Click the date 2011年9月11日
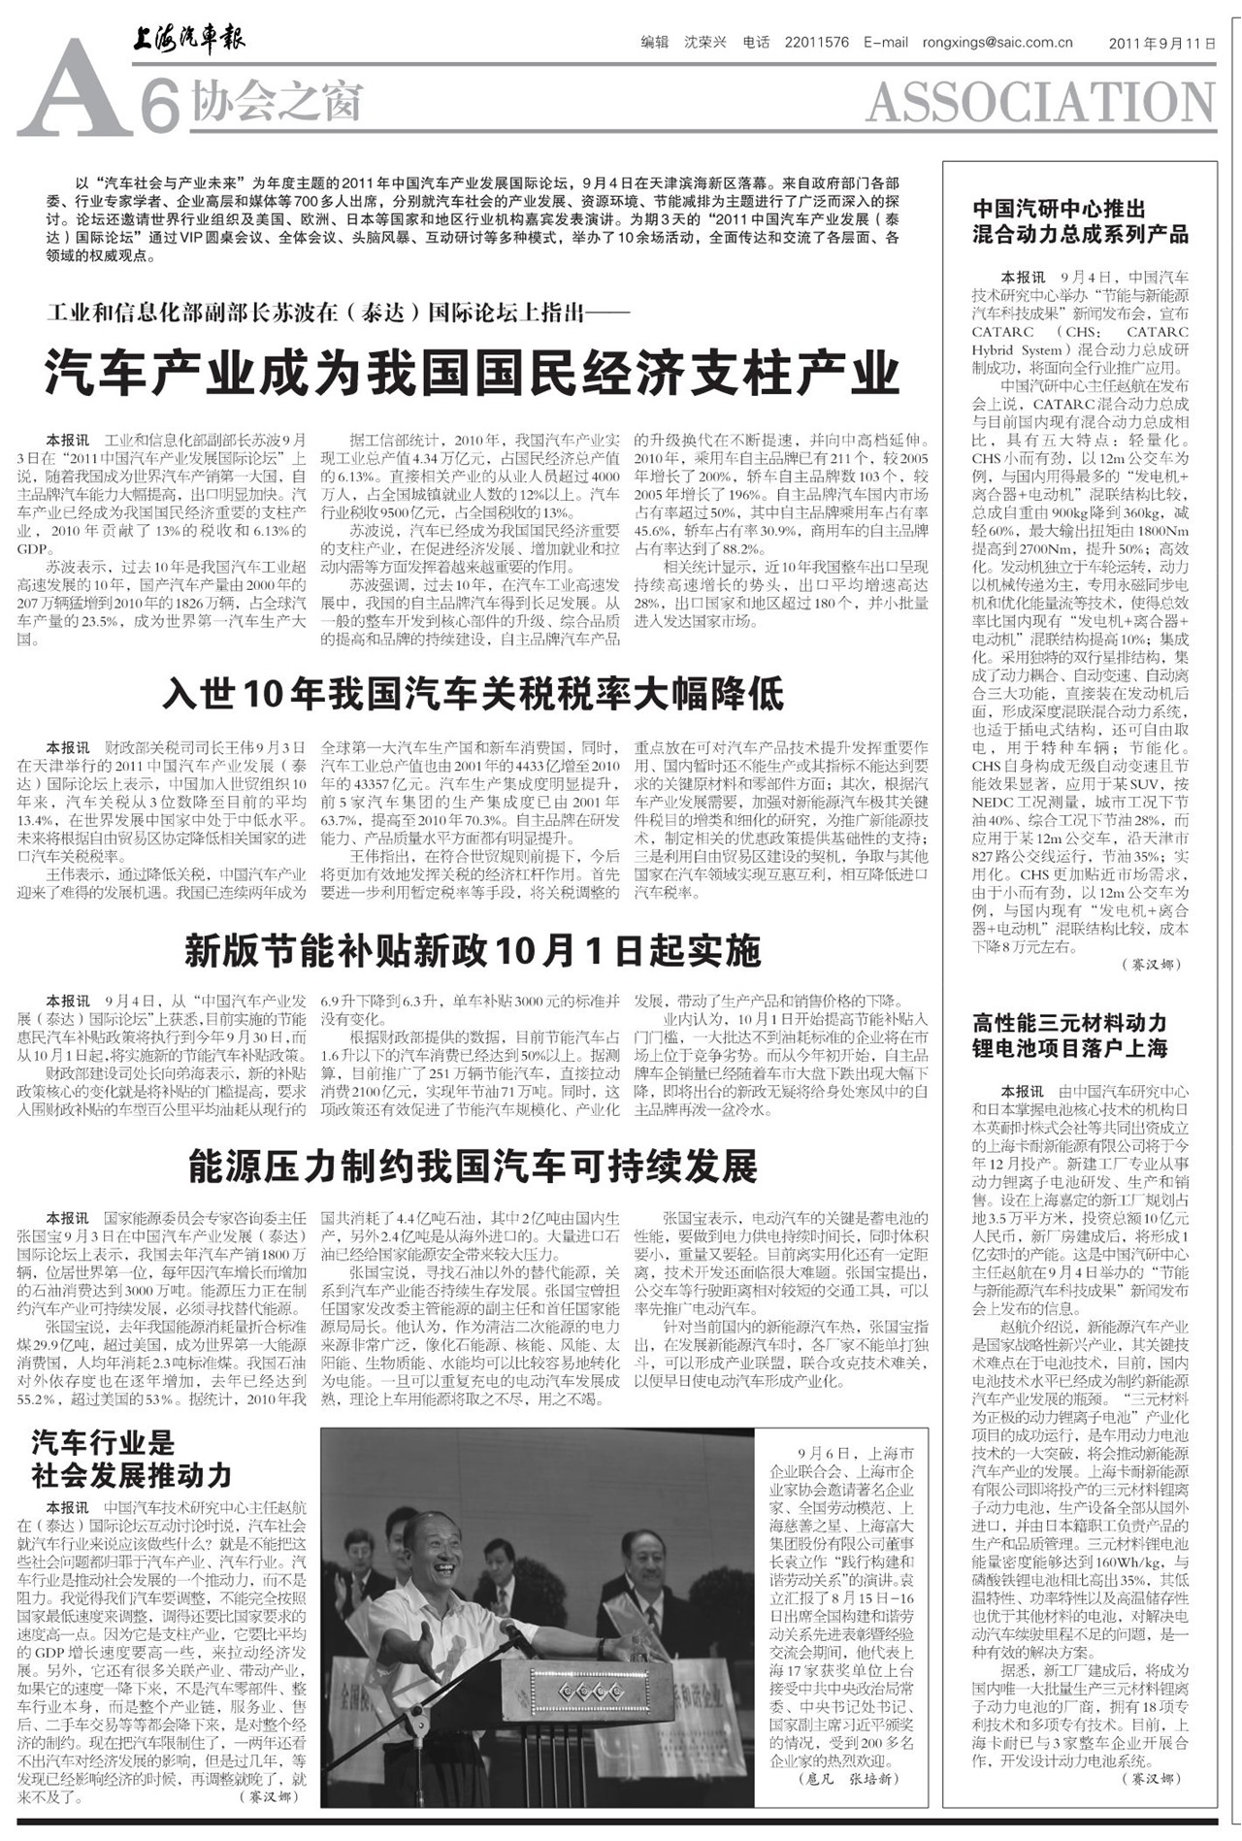click(x=1161, y=44)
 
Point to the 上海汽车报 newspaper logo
click(x=188, y=38)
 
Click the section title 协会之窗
click(x=277, y=101)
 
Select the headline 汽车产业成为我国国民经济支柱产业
click(x=473, y=372)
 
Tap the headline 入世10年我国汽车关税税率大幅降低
click(x=473, y=694)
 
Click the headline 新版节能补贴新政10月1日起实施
click(x=473, y=951)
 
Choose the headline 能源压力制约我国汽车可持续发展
click(x=473, y=1167)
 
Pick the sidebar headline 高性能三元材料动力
click(x=1069, y=1022)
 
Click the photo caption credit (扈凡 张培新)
click(x=847, y=1779)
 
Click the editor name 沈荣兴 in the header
click(x=704, y=43)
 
